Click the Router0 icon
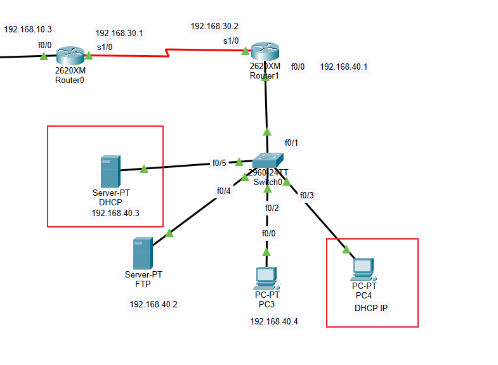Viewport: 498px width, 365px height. pos(69,55)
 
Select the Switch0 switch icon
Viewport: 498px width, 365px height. pos(268,161)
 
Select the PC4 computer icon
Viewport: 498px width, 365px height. pos(363,269)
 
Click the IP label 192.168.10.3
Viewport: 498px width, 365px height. pos(28,29)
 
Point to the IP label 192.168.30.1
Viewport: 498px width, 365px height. pos(119,33)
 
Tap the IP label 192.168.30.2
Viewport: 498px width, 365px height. pos(214,26)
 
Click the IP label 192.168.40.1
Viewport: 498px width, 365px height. pos(343,67)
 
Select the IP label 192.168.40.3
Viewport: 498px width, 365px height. pos(115,213)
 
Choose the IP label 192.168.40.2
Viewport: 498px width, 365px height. pos(154,304)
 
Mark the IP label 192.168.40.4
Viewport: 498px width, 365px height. pos(273,321)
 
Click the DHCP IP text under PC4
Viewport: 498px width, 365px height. pos(370,308)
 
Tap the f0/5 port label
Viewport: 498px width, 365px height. pos(219,163)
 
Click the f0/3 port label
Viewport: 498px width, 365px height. pos(306,195)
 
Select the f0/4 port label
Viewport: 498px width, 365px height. pos(224,190)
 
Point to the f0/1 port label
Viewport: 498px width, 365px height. pos(291,143)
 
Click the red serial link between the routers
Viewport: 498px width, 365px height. pos(169,53)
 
